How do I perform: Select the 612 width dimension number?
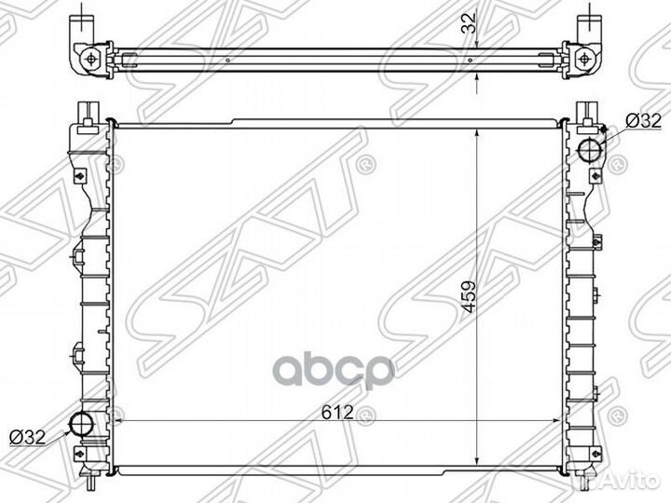pyautogui.click(x=339, y=412)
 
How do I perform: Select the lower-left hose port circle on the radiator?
pyautogui.click(x=84, y=425)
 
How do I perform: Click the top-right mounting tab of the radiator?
pyautogui.click(x=586, y=110)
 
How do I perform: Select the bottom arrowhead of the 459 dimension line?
pyautogui.click(x=476, y=459)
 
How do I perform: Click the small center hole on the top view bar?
pyautogui.click(x=472, y=58)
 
